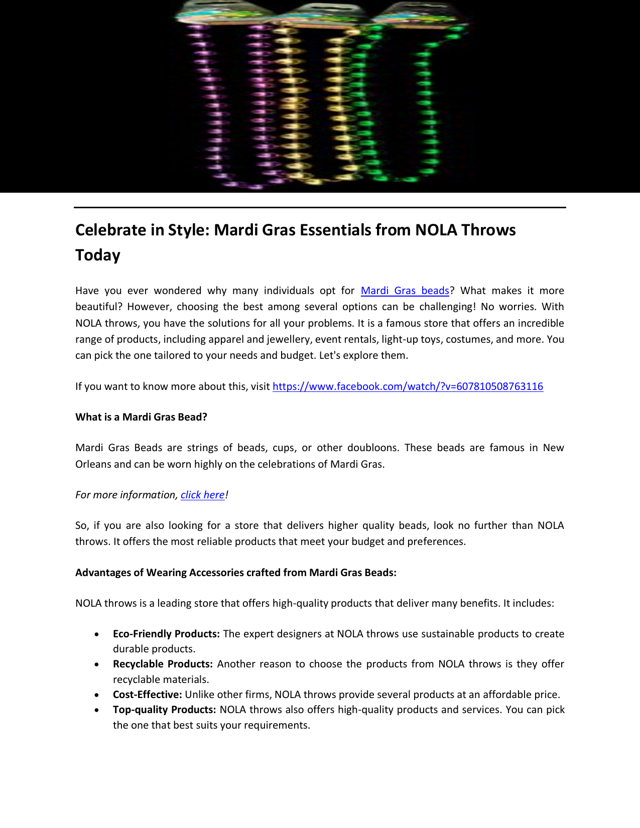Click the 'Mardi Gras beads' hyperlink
(405, 291)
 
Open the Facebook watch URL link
(408, 386)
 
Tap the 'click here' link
(202, 495)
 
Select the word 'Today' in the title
(98, 255)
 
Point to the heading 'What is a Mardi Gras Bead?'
(141, 417)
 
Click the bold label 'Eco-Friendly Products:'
(166, 634)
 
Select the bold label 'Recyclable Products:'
(163, 664)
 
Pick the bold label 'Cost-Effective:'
(147, 695)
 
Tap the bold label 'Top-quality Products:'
(164, 710)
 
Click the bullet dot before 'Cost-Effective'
(96, 695)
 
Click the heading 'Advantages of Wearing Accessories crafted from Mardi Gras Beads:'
(235, 573)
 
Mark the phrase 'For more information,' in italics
(126, 495)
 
